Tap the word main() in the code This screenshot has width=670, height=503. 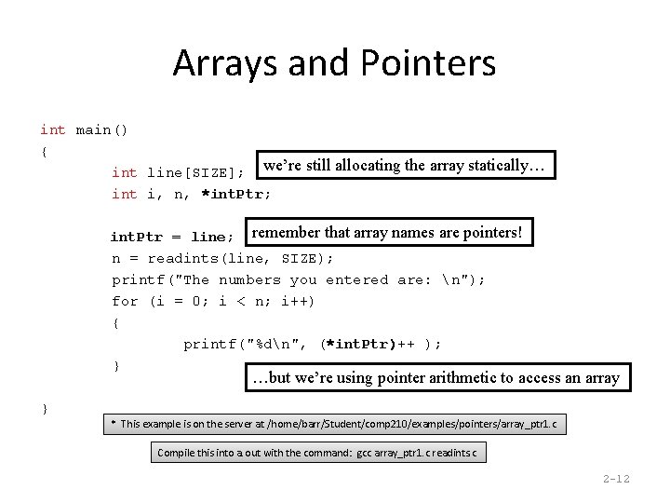101,129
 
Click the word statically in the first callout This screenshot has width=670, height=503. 491,166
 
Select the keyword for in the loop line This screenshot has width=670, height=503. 125,301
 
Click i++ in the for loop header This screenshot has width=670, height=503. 296,301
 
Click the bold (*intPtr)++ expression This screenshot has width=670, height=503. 368,344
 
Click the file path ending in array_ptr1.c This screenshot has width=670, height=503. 415,424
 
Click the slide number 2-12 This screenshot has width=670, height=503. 616,480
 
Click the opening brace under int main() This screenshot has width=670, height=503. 45,151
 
